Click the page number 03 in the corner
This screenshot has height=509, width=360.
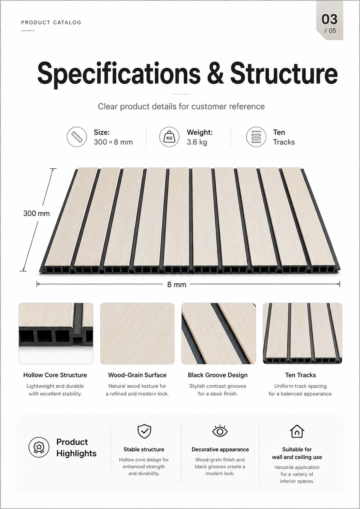point(329,19)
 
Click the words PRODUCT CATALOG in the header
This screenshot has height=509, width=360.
point(51,23)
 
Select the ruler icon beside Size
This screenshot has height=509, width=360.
point(77,137)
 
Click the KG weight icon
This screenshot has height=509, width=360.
point(169,137)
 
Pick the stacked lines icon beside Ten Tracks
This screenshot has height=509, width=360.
point(256,137)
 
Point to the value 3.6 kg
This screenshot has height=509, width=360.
point(197,142)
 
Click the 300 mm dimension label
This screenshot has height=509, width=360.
point(37,213)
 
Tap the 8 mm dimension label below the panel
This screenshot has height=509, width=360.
point(177,284)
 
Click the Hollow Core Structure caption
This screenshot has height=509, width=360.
point(55,375)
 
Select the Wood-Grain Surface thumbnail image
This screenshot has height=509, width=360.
point(138,334)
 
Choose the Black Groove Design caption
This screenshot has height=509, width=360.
point(218,375)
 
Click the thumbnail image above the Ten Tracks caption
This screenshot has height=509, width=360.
point(303,334)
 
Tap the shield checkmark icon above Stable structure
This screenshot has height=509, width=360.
point(144,431)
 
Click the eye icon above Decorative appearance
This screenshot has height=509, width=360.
point(220,431)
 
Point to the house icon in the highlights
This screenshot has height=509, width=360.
point(297,431)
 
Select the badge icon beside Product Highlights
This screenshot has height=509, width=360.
point(39,447)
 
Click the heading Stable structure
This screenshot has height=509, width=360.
point(144,449)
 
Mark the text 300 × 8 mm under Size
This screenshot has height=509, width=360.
point(113,142)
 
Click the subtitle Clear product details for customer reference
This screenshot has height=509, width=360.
point(181,107)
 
